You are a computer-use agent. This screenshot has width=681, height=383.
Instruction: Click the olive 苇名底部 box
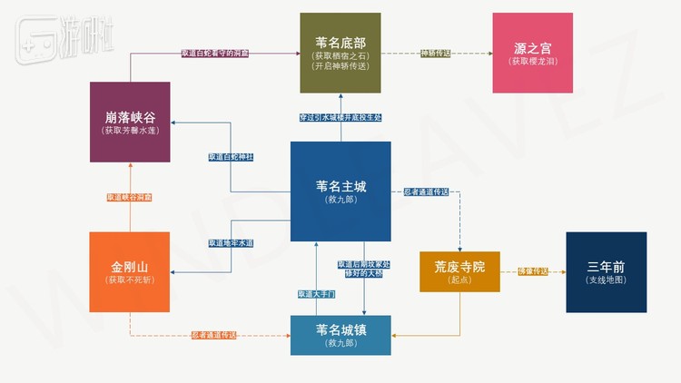[x=340, y=53]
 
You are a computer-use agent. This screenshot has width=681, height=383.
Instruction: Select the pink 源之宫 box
[x=532, y=53]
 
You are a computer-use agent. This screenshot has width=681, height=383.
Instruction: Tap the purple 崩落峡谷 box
[x=130, y=123]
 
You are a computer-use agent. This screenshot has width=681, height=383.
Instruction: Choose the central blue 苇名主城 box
[x=340, y=191]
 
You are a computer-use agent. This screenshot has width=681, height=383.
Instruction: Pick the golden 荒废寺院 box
[x=459, y=271]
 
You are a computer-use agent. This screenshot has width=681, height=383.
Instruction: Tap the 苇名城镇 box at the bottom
[x=340, y=335]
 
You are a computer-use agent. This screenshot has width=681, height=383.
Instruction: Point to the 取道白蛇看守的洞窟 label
[x=214, y=54]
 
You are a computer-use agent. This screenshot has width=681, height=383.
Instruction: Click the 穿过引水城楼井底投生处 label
[x=340, y=118]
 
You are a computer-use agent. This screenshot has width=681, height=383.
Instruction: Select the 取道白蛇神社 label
[x=231, y=157]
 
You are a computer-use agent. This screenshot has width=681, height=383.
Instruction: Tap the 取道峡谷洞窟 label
[x=130, y=197]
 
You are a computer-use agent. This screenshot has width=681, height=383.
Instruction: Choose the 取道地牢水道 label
[x=231, y=243]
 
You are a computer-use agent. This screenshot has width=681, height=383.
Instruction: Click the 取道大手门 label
[x=316, y=294]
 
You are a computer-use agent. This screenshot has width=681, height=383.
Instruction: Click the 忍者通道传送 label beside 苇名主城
[x=425, y=191]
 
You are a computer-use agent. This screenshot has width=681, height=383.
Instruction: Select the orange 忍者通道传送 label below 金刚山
[x=214, y=336]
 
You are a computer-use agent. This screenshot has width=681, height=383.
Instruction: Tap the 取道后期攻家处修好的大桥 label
[x=364, y=270]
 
